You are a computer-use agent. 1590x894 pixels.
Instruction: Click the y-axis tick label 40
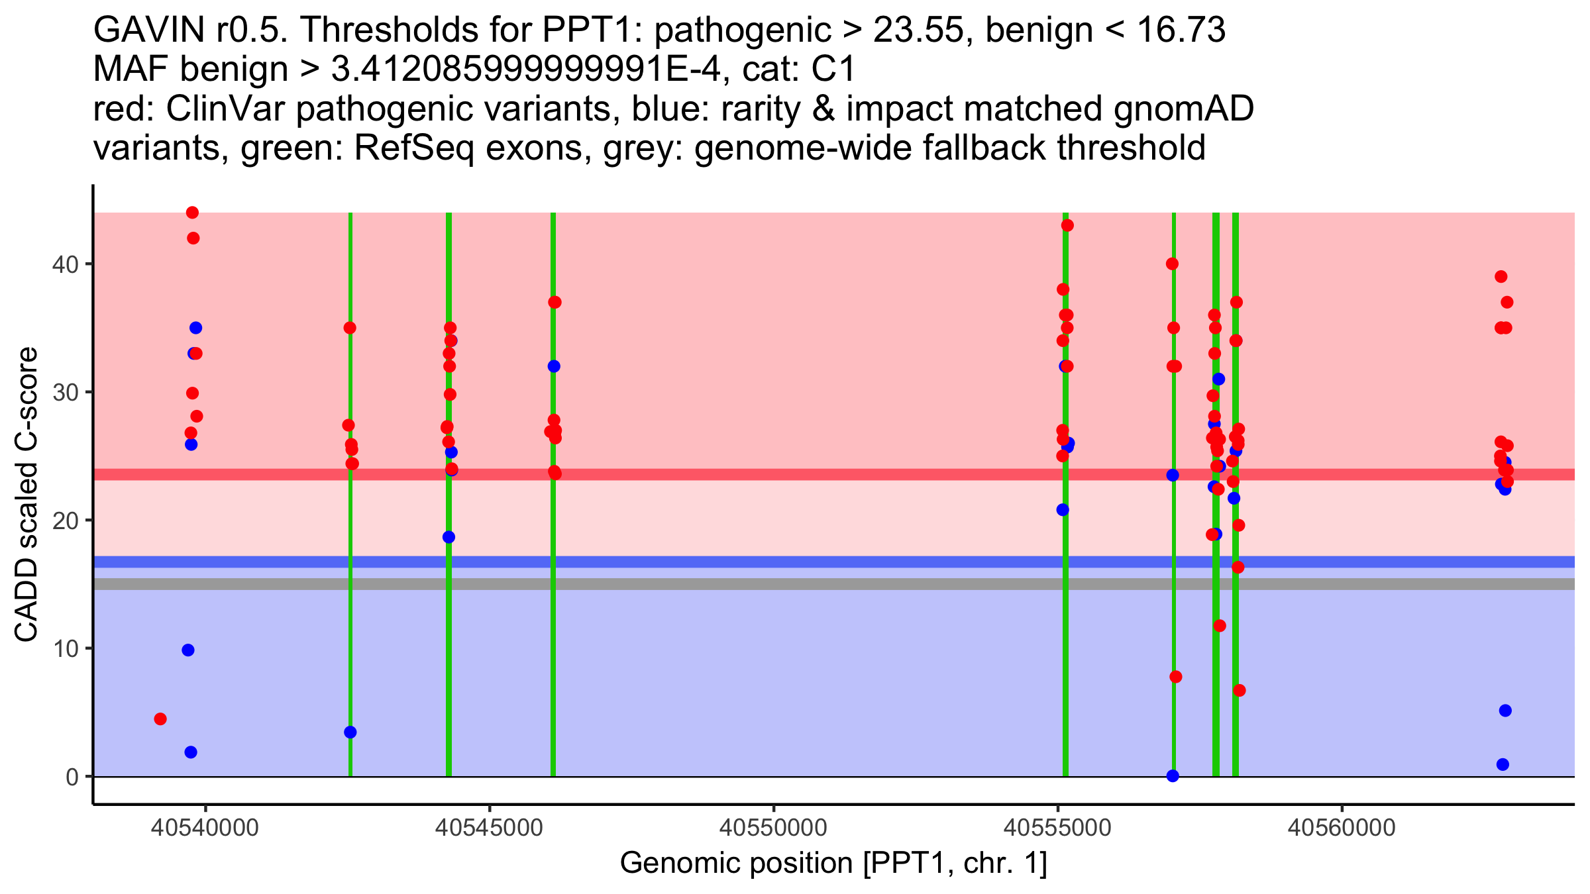(64, 264)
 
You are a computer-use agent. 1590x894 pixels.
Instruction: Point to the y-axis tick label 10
(64, 648)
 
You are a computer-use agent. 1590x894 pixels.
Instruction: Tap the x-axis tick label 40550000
(774, 828)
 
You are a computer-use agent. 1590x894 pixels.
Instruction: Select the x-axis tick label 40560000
(1342, 828)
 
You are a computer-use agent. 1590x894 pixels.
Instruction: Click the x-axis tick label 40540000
(205, 828)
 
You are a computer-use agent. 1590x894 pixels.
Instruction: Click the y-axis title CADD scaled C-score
(26, 496)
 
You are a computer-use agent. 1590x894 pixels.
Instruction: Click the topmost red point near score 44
(192, 213)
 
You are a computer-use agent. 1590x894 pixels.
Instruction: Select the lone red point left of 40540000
(160, 719)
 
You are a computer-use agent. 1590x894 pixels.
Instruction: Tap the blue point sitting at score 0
(1173, 775)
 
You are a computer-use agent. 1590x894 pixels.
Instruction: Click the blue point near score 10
(188, 650)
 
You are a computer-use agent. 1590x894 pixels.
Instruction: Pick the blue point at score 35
(195, 328)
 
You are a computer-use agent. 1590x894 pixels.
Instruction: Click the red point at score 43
(1067, 225)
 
